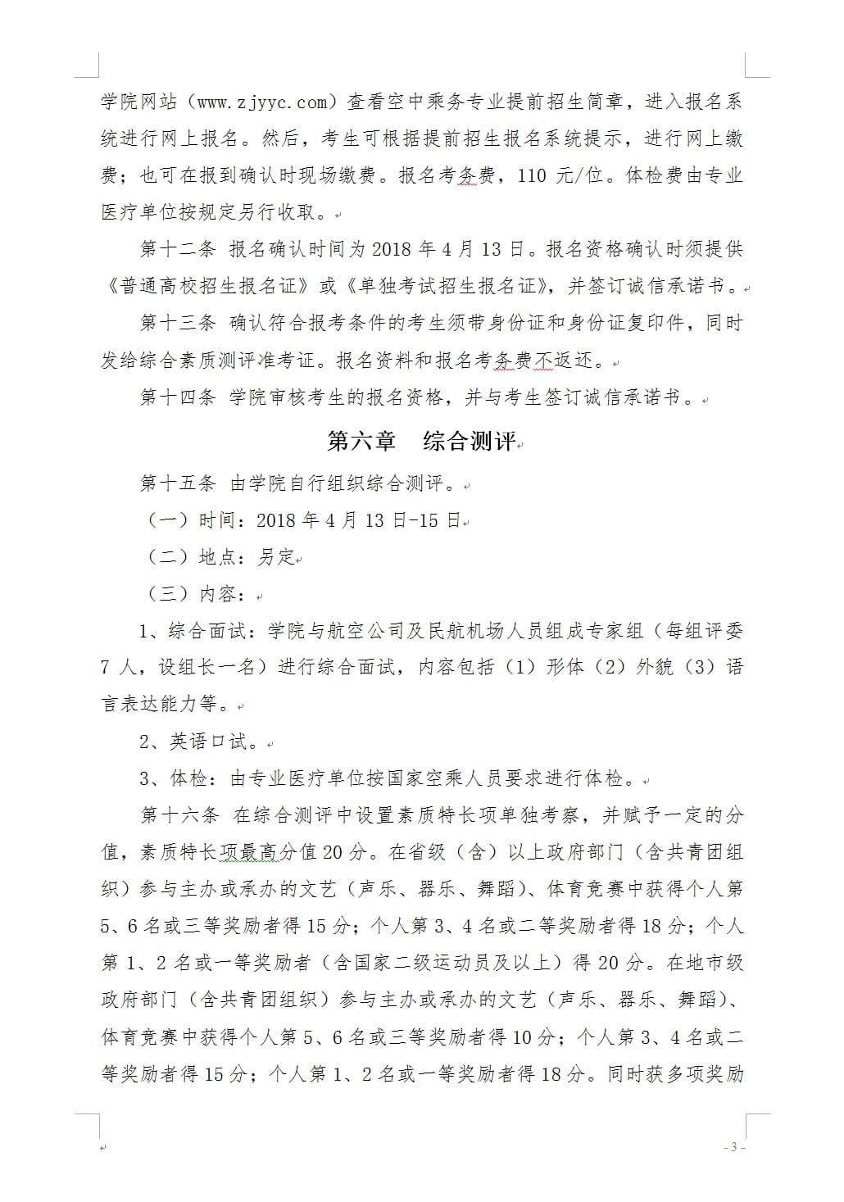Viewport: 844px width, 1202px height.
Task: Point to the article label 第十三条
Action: (x=178, y=323)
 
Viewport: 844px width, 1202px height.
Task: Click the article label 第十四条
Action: (x=178, y=397)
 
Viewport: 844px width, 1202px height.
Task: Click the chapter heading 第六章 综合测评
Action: (x=421, y=441)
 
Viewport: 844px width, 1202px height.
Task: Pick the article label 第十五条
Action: (x=178, y=483)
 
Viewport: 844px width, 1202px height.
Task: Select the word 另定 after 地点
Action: (x=276, y=557)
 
